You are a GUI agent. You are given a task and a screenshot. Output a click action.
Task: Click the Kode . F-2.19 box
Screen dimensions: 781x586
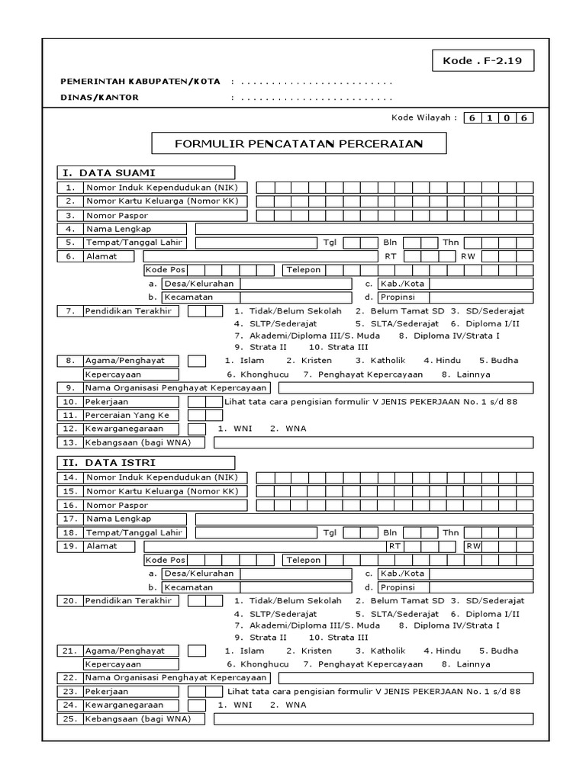tap(483, 60)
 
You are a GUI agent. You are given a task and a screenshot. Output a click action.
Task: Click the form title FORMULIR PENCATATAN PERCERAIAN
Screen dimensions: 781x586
tap(299, 143)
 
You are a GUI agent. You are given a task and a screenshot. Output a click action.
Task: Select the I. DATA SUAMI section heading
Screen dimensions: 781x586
tap(145, 172)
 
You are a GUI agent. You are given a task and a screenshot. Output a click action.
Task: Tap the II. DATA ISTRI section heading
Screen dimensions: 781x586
tap(145, 462)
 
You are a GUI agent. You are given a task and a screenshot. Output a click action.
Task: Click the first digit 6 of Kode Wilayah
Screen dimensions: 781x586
tap(473, 118)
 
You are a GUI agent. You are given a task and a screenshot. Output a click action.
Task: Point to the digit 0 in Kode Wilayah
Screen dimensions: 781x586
tap(507, 118)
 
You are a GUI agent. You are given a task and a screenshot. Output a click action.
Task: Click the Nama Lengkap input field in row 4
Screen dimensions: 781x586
tap(364, 229)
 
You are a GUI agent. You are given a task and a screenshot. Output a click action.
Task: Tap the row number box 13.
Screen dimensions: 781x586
tap(69, 442)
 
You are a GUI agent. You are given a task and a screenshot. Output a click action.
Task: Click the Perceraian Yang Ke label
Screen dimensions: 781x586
tap(131, 415)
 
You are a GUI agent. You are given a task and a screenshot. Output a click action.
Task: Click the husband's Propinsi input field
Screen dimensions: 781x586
tap(481, 297)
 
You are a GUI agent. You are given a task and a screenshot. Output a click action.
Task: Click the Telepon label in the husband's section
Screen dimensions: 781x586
tap(304, 270)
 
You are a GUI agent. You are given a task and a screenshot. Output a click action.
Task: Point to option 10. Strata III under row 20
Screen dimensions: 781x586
tap(339, 637)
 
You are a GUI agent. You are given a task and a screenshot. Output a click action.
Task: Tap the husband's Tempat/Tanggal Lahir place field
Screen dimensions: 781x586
tap(256, 243)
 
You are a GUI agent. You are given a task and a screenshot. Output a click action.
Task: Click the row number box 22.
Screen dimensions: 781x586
tap(69, 677)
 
